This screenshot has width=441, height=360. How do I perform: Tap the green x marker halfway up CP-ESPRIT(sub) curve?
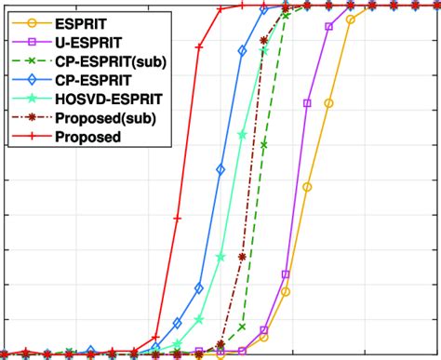(264, 145)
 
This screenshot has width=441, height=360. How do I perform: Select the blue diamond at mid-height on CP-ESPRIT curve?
(220, 169)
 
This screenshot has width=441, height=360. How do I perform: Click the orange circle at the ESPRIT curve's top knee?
(350, 18)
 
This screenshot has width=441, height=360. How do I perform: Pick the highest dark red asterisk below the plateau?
(264, 40)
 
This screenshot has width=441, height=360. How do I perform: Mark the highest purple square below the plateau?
(328, 27)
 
